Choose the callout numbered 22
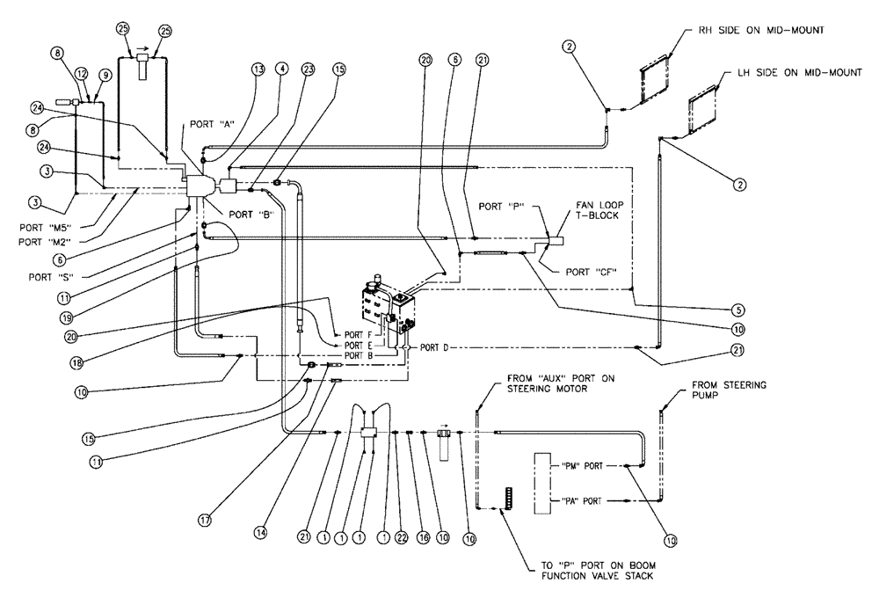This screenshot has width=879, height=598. [x=403, y=536]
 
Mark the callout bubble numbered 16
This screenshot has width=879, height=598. [x=422, y=536]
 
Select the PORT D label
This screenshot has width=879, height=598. [x=434, y=347]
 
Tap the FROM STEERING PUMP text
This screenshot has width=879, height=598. [x=728, y=390]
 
